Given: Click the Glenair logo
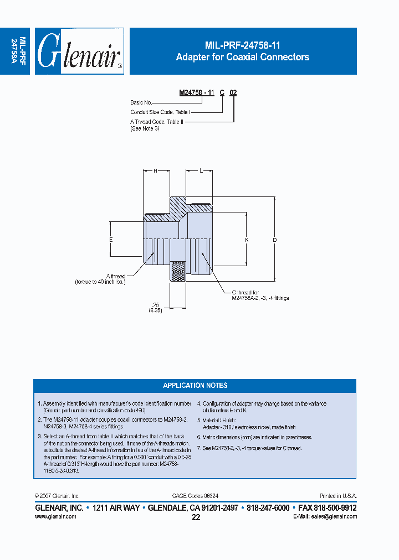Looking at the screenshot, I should (79, 51).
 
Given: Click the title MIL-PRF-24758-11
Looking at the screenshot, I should (243, 46).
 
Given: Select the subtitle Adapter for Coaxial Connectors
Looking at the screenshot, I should (243, 57).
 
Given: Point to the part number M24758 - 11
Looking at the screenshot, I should (197, 93).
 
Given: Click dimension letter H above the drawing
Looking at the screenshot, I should (156, 171).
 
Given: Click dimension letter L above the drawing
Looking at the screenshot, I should (200, 171).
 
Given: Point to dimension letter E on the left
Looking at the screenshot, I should (111, 240).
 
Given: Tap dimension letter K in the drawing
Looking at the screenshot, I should (247, 240).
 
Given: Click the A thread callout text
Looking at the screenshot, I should (116, 276).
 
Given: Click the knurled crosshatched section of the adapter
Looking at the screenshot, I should (178, 271).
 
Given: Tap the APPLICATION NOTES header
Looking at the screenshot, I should (195, 386).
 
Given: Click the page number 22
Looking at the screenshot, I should (196, 517).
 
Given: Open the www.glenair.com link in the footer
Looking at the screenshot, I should (55, 516).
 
